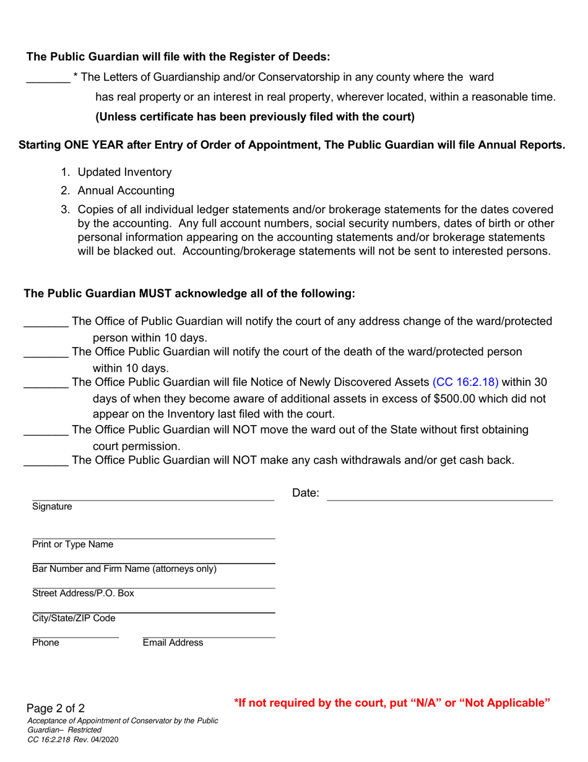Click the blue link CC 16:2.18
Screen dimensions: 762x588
coord(465,382)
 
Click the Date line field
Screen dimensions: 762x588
coord(439,499)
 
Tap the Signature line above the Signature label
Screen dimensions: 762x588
coord(153,499)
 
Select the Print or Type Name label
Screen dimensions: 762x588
coord(73,545)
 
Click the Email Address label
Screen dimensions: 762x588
coord(173,643)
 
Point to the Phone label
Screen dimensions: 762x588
coord(46,643)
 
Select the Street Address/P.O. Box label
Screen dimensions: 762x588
coord(83,593)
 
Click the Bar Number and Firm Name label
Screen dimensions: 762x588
coord(124,569)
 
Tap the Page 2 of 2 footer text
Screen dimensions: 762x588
coord(56,709)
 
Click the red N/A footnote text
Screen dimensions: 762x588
coord(392,703)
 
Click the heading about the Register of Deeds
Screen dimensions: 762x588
coord(178,57)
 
